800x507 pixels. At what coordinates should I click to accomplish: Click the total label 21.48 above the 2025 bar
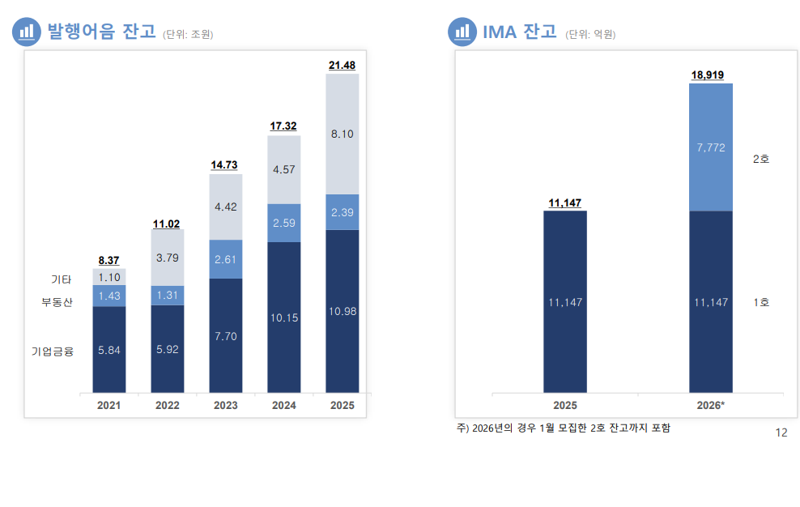click(342, 65)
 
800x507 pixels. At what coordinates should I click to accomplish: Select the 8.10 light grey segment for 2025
click(342, 134)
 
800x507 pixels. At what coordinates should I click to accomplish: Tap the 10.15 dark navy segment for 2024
click(283, 317)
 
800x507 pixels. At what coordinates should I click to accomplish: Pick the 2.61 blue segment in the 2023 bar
click(225, 259)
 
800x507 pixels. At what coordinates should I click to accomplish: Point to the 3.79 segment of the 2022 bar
click(167, 258)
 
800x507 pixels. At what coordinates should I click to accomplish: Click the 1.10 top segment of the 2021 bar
click(109, 277)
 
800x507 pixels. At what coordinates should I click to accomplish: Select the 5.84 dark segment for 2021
click(109, 350)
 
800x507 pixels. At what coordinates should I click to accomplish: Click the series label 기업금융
click(53, 351)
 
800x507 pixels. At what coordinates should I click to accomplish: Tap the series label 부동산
click(57, 302)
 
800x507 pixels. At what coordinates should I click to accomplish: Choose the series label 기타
click(62, 279)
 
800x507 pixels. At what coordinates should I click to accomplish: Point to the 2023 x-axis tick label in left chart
click(225, 405)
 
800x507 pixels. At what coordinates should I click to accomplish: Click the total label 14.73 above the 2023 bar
click(224, 165)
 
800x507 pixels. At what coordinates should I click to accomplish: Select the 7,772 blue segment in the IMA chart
click(710, 147)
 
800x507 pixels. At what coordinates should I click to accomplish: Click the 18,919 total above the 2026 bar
click(708, 75)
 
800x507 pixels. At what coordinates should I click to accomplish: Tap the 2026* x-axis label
click(710, 405)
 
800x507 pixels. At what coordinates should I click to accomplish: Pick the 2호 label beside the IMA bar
click(760, 159)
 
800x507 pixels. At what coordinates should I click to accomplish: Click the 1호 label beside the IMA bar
click(760, 302)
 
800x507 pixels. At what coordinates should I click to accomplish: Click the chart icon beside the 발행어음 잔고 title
click(27, 32)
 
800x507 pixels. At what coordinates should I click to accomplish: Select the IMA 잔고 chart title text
click(519, 32)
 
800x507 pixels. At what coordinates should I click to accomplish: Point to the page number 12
click(781, 432)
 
